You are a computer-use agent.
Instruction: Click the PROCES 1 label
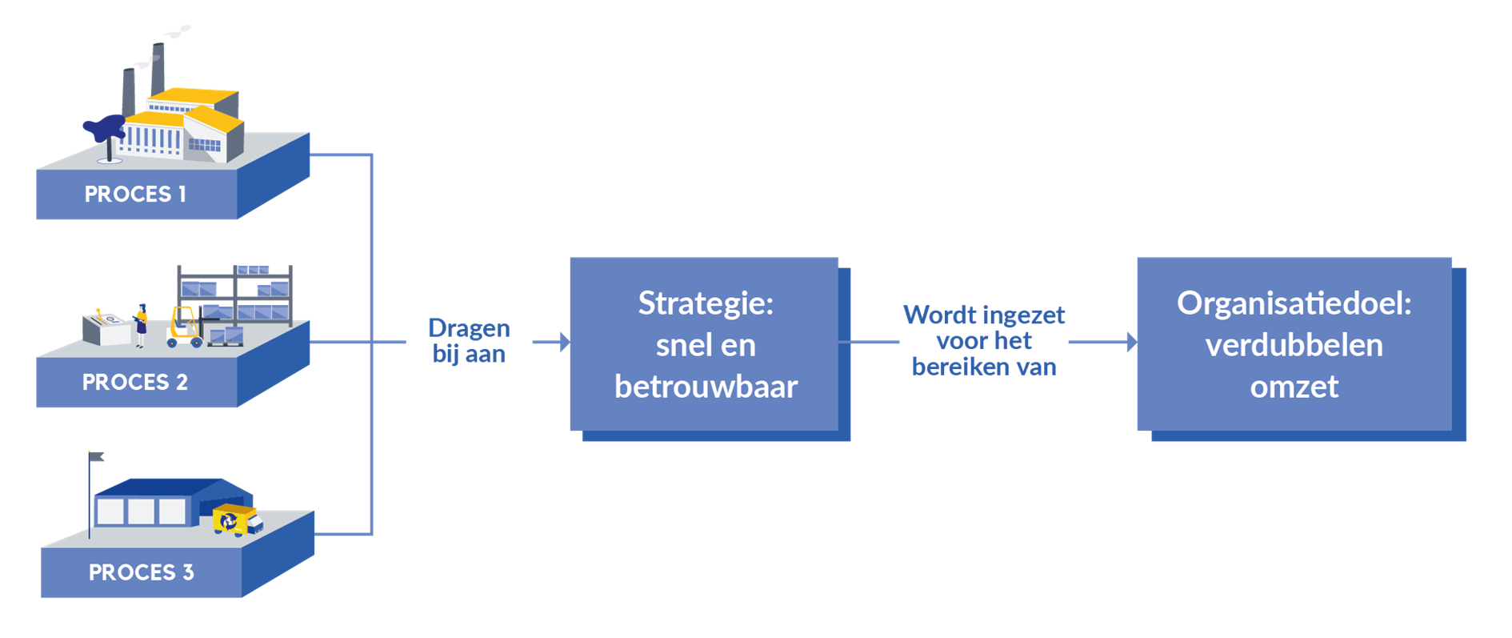[135, 195]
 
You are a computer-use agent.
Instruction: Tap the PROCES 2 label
[135, 383]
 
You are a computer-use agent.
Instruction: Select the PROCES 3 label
[141, 572]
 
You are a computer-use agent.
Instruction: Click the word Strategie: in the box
[706, 303]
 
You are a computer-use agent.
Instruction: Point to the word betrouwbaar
[706, 387]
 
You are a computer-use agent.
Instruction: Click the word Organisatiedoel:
[1294, 303]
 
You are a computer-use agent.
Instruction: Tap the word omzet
[1294, 387]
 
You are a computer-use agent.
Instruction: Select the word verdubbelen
[1294, 346]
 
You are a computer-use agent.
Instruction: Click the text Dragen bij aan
[469, 341]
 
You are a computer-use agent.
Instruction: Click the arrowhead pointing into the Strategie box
[565, 343]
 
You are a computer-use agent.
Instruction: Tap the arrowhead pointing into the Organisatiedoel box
[1131, 343]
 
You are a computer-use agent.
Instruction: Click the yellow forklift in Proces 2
[184, 327]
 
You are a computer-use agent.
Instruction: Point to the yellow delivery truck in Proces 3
[237, 520]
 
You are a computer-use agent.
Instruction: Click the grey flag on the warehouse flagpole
[97, 457]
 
